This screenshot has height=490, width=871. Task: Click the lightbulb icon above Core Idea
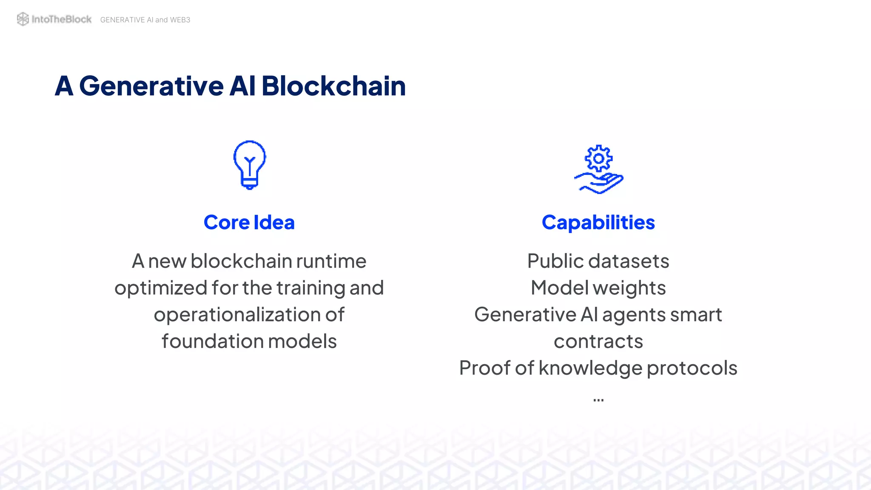(x=250, y=165)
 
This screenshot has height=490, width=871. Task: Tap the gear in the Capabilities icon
(x=598, y=159)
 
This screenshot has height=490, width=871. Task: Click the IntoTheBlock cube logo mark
(x=23, y=19)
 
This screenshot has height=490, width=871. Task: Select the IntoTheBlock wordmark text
(x=62, y=19)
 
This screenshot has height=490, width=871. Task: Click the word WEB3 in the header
(x=180, y=20)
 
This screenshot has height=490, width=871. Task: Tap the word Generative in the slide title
(x=151, y=86)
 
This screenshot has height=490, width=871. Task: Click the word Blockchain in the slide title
(x=333, y=86)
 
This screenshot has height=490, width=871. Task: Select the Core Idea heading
(x=249, y=222)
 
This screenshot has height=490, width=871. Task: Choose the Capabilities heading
(x=598, y=222)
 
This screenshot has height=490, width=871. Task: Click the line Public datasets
(x=598, y=261)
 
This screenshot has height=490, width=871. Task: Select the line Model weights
(x=598, y=288)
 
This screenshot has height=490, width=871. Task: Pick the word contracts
(x=598, y=342)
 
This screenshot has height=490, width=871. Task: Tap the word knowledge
(x=590, y=368)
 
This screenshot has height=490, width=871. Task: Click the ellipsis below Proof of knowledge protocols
(x=598, y=400)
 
